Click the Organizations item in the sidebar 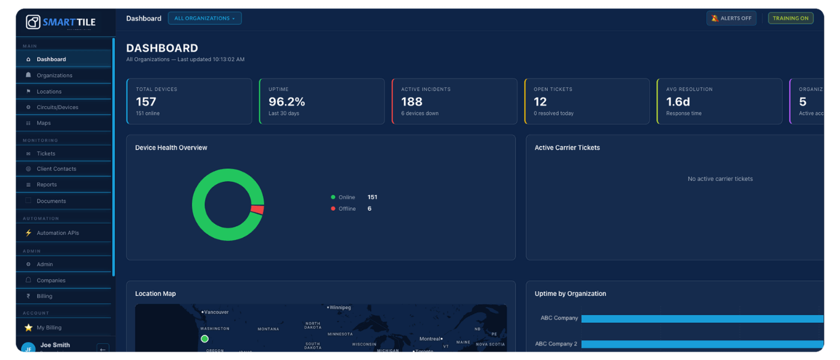54,76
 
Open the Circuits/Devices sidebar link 57,107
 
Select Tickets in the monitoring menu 46,154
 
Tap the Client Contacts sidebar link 56,169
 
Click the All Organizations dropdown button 205,19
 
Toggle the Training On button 790,19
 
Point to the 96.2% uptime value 287,102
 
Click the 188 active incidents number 412,102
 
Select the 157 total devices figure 146,102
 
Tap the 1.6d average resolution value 678,102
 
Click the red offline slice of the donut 257,209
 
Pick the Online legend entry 346,197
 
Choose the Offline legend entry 347,209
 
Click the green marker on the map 205,339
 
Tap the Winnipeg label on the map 340,307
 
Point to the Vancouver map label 216,312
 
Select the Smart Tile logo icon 33,22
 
